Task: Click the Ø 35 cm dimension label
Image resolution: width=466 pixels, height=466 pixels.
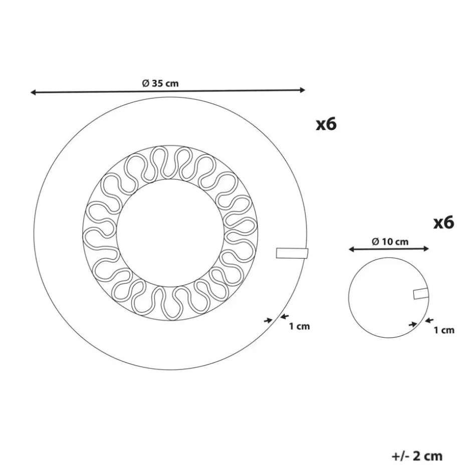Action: pyautogui.click(x=160, y=83)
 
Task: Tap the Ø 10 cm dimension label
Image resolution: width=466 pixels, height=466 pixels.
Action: pyautogui.click(x=390, y=242)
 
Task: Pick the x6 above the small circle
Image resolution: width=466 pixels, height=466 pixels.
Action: pyautogui.click(x=444, y=222)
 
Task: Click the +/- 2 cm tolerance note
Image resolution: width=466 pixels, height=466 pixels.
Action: pyautogui.click(x=417, y=455)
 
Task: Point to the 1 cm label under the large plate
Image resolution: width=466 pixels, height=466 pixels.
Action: pyautogui.click(x=300, y=326)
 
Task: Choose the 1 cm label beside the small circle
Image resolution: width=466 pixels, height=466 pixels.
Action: pyautogui.click(x=444, y=330)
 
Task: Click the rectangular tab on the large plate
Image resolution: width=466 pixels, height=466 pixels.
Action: pyautogui.click(x=292, y=253)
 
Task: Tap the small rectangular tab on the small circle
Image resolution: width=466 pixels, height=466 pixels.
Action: pyautogui.click(x=421, y=294)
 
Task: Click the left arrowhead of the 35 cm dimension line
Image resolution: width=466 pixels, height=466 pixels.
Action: pyautogui.click(x=33, y=93)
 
